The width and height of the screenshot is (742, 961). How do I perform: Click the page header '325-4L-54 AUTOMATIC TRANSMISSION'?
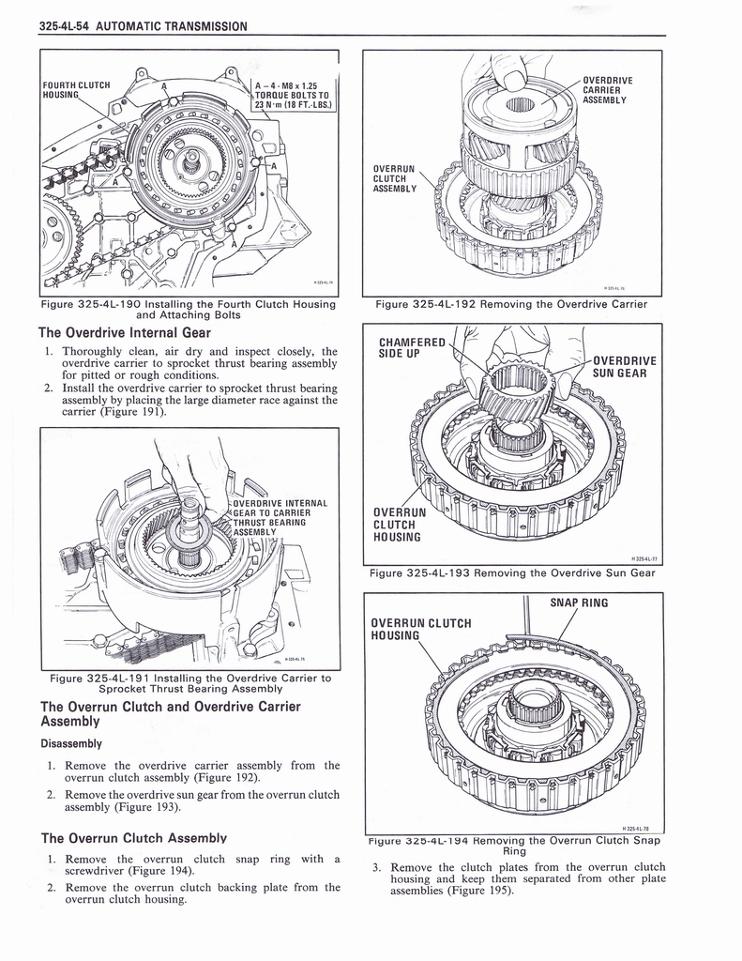pyautogui.click(x=144, y=26)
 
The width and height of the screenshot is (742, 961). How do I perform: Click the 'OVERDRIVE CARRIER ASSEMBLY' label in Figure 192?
pyautogui.click(x=607, y=89)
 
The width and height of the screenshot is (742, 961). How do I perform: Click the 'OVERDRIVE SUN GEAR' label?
pyautogui.click(x=624, y=368)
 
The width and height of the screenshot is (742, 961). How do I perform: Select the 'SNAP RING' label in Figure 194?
pyautogui.click(x=579, y=603)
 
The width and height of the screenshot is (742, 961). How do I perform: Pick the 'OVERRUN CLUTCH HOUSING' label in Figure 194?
pyautogui.click(x=420, y=629)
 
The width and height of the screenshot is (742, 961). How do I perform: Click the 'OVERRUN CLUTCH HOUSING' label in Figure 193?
pyautogui.click(x=399, y=525)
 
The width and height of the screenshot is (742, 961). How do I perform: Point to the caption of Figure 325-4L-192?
pyautogui.click(x=511, y=304)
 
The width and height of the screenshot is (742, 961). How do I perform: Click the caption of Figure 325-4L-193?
pyautogui.click(x=511, y=573)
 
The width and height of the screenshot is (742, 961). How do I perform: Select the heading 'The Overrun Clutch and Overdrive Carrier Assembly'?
pyautogui.click(x=169, y=715)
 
